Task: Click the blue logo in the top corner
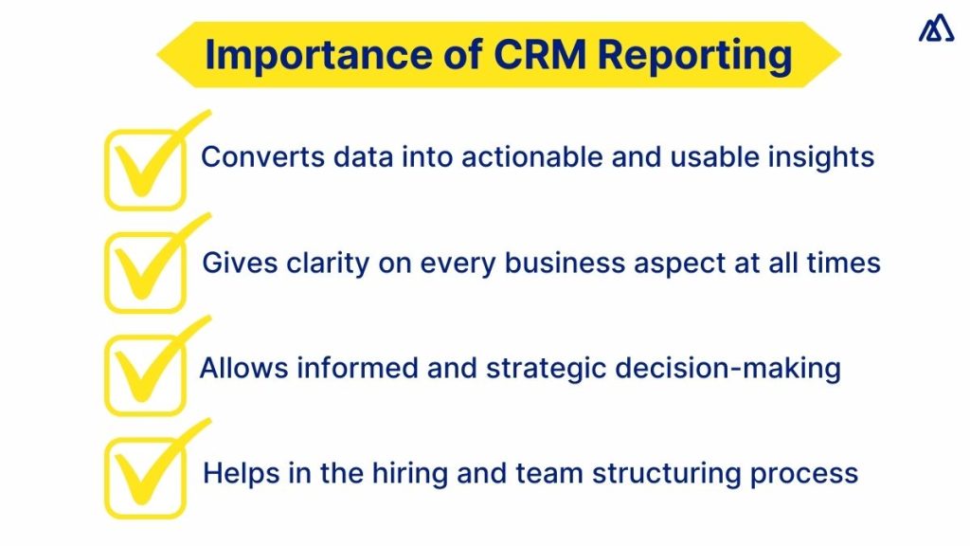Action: pos(936,30)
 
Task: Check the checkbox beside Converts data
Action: pos(143,171)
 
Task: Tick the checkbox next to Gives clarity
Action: pos(143,273)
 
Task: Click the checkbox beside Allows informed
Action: pos(143,375)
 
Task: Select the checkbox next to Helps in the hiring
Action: pos(143,478)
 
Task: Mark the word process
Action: pos(812,472)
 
